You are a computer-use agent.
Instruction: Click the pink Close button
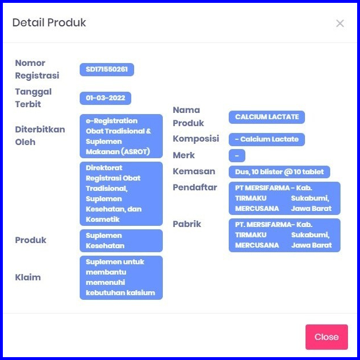click(326, 336)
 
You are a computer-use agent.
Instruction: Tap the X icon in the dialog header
click(340, 24)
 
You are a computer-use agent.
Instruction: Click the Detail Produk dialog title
click(49, 23)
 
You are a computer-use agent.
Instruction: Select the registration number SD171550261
click(107, 70)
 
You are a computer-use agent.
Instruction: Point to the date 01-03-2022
click(105, 98)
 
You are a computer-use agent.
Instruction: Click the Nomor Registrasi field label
click(37, 69)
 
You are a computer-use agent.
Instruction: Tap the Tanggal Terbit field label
click(33, 97)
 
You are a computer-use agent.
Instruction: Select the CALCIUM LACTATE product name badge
click(267, 117)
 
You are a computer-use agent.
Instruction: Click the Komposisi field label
click(196, 139)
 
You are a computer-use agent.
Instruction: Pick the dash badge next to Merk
click(237, 155)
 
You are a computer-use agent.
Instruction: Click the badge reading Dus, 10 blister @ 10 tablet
click(279, 172)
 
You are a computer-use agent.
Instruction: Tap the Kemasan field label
click(194, 171)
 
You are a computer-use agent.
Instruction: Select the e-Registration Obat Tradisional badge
click(121, 136)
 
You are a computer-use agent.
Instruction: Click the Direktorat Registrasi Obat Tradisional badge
click(121, 193)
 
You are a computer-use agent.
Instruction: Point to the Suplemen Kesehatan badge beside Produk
click(121, 240)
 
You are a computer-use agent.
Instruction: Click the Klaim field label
click(28, 277)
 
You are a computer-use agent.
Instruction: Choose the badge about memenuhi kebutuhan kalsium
click(121, 277)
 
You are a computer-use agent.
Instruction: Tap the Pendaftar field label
click(195, 187)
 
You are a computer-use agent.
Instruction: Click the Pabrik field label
click(187, 224)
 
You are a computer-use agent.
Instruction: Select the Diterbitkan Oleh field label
click(40, 135)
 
